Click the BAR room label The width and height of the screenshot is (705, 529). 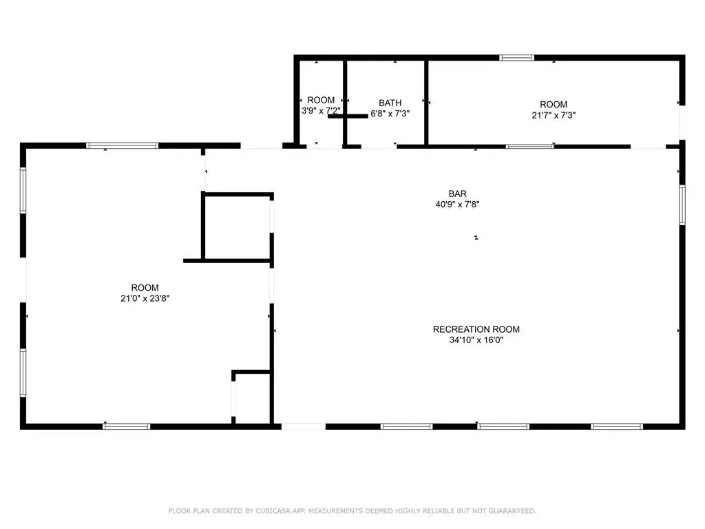(457, 194)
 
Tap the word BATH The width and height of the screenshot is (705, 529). (390, 103)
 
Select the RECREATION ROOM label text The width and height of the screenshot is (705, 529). (476, 329)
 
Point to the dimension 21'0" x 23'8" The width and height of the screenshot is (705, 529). (145, 298)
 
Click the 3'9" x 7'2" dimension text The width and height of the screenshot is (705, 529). (321, 111)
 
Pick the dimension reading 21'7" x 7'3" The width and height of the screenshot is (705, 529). (554, 115)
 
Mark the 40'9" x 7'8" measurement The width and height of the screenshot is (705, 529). (457, 204)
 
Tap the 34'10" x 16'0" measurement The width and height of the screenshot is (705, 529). (476, 340)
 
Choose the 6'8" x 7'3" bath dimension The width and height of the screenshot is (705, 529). (390, 114)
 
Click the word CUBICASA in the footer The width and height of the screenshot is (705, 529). (273, 511)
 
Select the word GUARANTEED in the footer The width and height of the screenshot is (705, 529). (512, 511)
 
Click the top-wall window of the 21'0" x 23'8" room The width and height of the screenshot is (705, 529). (123, 146)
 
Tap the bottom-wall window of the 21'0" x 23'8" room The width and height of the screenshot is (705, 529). (127, 426)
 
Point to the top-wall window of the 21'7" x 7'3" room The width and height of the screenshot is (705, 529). (516, 58)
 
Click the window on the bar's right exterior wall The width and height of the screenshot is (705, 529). (682, 205)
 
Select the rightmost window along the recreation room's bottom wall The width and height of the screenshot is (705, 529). (617, 426)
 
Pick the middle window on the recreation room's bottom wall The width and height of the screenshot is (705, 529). (503, 426)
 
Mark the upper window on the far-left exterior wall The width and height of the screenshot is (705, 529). (23, 190)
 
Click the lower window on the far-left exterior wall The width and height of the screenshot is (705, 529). (23, 373)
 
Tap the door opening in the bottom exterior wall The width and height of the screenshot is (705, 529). (304, 426)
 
